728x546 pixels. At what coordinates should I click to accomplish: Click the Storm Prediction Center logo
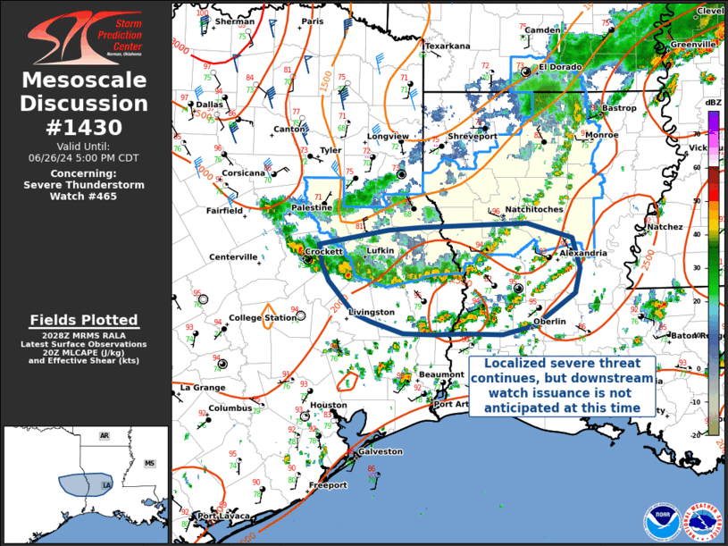[85, 36]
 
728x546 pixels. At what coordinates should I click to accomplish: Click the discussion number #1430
[85, 127]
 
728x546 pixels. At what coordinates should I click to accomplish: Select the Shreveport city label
[472, 136]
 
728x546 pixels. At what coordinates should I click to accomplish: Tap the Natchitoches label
[533, 209]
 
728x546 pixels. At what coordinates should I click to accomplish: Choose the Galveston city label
[380, 452]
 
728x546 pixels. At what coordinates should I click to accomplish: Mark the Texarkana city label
[447, 46]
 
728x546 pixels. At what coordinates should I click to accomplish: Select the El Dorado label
[559, 67]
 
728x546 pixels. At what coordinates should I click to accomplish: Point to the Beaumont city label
[441, 374]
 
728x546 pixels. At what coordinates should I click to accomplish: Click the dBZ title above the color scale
[713, 103]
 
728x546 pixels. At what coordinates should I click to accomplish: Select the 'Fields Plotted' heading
[84, 320]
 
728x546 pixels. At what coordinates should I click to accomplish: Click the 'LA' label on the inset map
[106, 485]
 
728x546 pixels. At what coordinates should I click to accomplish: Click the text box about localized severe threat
[562, 386]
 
